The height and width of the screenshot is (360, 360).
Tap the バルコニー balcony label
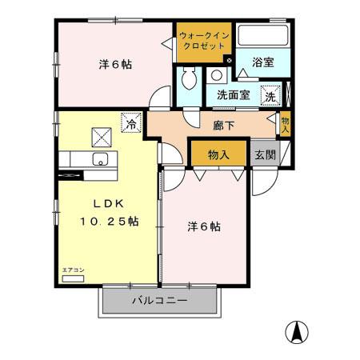coord(159,301)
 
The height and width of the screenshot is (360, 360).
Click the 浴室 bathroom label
coord(263,61)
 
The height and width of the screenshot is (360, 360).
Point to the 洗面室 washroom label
coord(233,94)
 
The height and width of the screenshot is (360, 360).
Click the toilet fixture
coord(190,79)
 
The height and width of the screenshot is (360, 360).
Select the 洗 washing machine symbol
coord(271,94)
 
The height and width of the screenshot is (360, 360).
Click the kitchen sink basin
coord(102,156)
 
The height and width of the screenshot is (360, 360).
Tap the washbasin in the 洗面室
coord(217,77)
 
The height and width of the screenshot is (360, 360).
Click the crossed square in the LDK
coord(102,134)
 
